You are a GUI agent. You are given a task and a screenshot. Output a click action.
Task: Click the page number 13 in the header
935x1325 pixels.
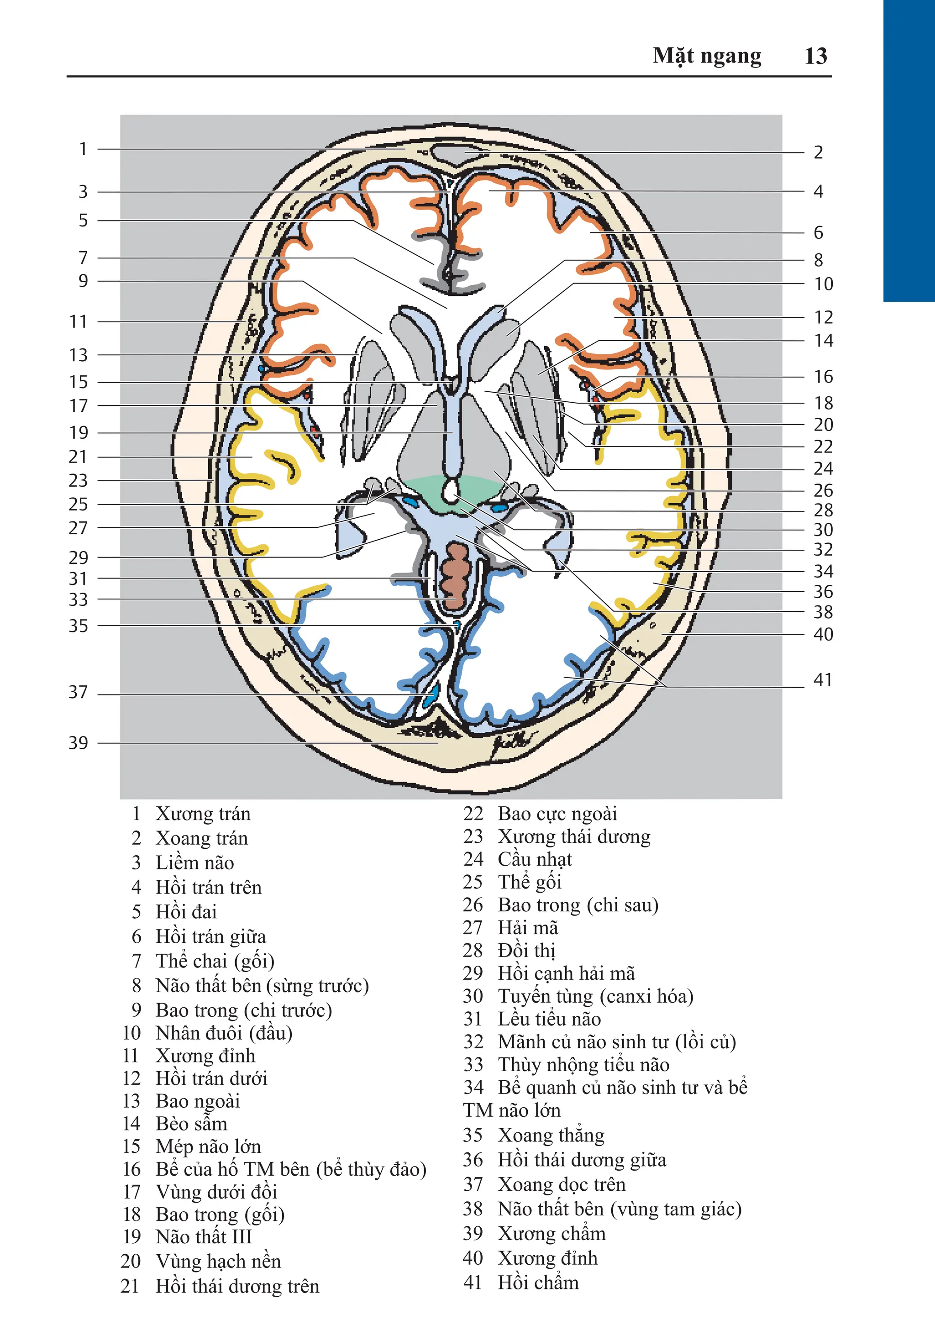point(815,56)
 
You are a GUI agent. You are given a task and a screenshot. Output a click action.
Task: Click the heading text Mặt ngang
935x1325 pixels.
point(707,56)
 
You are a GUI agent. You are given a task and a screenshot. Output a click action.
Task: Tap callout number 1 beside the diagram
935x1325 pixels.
point(83,149)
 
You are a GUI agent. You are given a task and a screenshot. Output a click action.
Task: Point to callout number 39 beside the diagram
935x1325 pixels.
point(79,743)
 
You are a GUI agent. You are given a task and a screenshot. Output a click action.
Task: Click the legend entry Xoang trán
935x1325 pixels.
point(201,838)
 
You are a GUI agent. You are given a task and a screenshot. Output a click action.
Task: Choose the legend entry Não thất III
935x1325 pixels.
point(203,1237)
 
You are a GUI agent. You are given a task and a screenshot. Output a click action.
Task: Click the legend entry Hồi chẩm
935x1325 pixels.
point(538,1282)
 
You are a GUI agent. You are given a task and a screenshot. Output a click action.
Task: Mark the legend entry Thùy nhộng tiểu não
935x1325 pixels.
point(583,1064)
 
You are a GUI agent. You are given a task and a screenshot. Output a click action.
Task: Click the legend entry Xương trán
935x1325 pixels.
point(203,814)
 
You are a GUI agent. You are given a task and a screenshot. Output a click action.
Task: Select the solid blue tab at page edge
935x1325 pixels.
point(909,150)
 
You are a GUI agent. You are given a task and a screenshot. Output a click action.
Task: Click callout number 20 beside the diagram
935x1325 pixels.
point(823,425)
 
